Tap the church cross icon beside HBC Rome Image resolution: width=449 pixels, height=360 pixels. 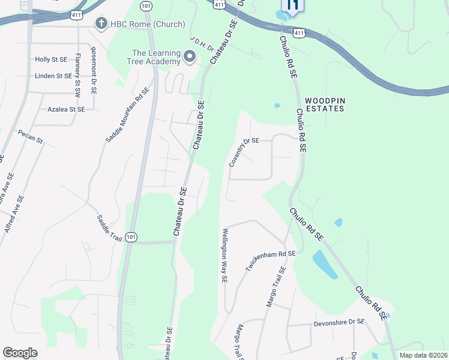point(101,23)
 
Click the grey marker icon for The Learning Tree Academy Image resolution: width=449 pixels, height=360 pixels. point(190,58)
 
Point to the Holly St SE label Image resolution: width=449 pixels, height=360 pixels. point(51,59)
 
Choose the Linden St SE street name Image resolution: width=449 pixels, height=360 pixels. point(53,76)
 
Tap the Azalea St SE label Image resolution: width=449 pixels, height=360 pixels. point(66,110)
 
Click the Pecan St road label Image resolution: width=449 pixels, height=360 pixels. point(31,137)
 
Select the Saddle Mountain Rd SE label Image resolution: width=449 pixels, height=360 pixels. point(127,115)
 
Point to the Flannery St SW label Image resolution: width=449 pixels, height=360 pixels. point(77,76)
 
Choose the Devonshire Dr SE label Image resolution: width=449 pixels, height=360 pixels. point(339,322)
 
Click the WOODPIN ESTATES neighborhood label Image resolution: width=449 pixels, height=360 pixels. point(324,104)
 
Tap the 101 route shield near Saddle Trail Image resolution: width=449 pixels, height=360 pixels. point(131,237)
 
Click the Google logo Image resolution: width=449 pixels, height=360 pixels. point(20,353)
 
